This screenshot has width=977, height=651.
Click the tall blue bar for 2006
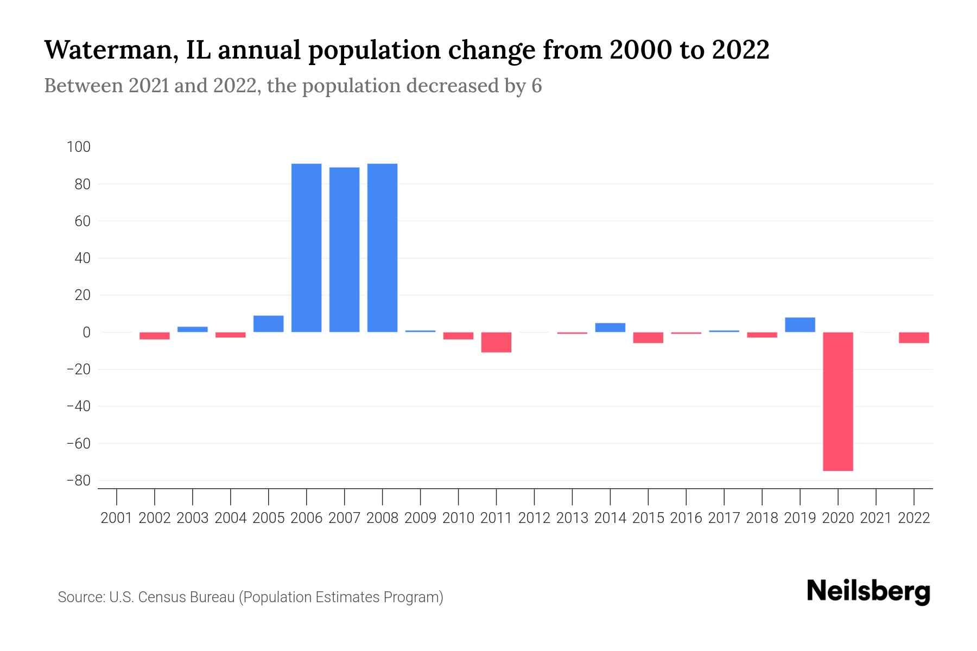306,248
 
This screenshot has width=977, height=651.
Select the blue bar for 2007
344,250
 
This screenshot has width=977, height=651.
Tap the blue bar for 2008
382,248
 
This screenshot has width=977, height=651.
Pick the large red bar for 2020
838,401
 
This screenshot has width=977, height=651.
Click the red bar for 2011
496,342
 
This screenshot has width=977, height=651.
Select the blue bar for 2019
800,325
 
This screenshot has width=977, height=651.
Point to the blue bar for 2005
268,324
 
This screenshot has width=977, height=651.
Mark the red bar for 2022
914,337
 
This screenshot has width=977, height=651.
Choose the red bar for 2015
648,337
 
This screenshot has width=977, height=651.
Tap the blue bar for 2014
610,328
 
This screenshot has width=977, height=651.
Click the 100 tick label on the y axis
79,147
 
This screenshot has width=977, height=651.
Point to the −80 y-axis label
78,481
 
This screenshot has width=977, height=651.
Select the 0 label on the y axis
86,333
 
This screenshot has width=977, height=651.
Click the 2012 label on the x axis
534,518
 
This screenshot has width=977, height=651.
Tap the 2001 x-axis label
117,518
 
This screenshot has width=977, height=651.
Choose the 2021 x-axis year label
876,518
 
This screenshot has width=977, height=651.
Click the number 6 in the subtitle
536,86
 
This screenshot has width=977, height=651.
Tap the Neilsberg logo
868,591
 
